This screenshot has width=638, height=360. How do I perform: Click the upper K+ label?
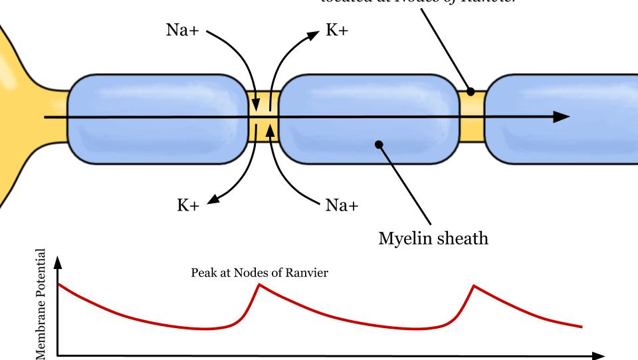[336, 31]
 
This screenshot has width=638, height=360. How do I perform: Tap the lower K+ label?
[188, 205]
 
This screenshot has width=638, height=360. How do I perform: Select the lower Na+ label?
[342, 205]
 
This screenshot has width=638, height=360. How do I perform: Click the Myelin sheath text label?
[433, 238]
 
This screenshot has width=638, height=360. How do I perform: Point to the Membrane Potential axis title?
[43, 305]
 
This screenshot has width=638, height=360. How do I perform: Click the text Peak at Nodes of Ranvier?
[259, 273]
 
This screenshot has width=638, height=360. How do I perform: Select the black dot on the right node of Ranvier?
[471, 92]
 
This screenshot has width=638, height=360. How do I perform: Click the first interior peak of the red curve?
[259, 284]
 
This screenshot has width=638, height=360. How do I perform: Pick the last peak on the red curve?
[474, 286]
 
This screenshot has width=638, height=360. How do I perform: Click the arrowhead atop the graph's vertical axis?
[58, 262]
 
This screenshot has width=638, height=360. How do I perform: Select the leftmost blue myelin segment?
[158, 119]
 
